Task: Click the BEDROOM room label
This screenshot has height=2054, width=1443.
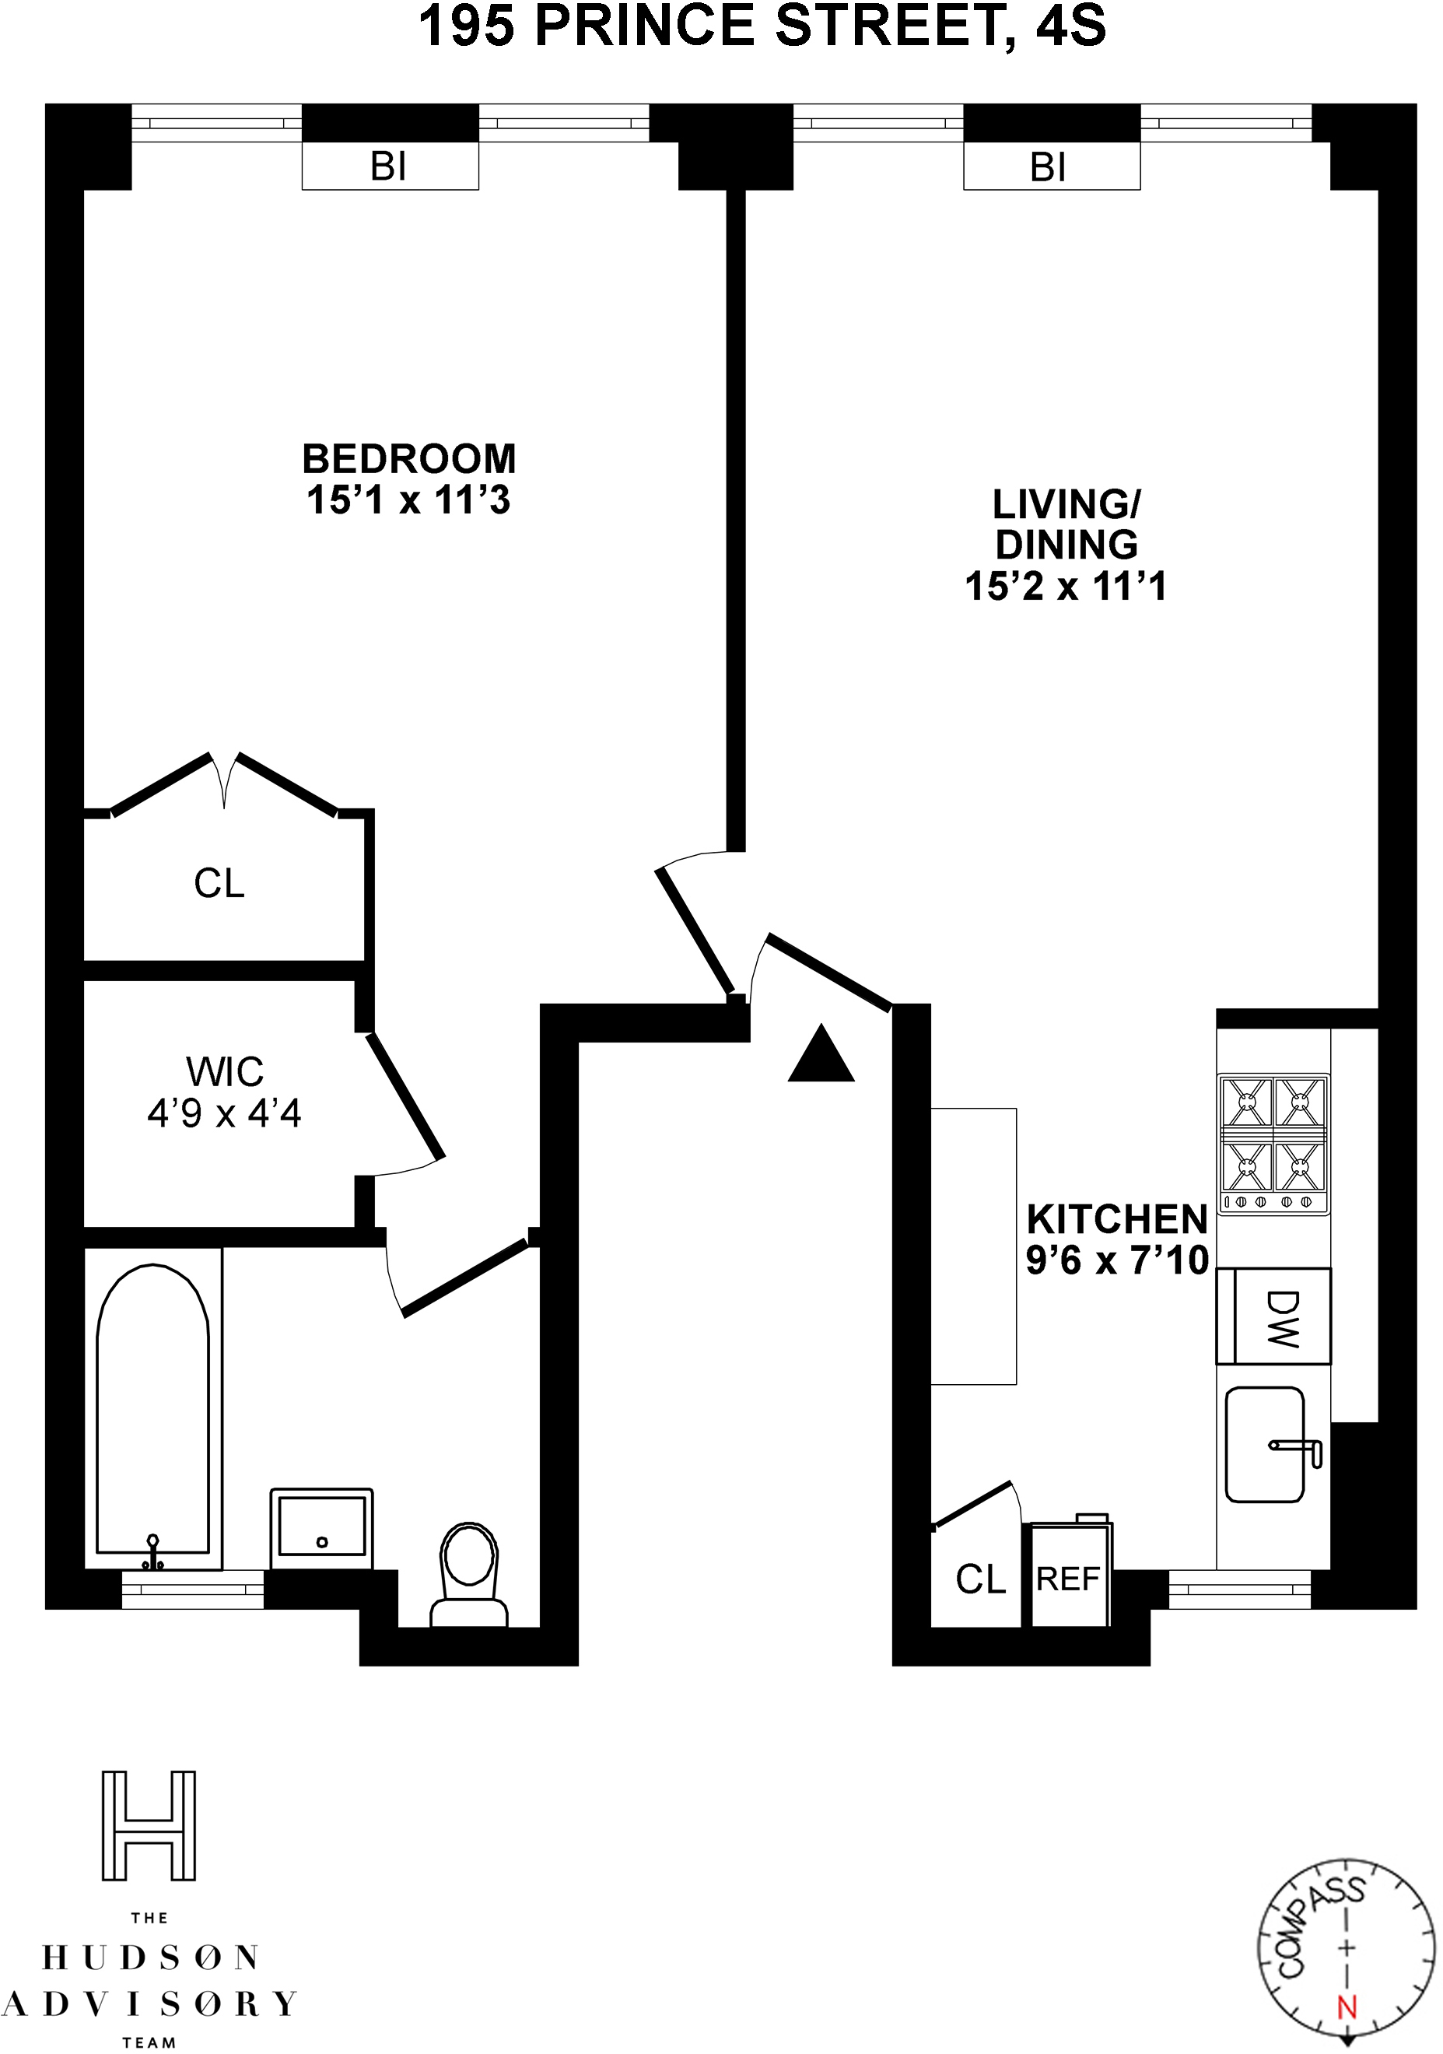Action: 409,459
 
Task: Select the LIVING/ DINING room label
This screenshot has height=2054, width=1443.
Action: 1066,524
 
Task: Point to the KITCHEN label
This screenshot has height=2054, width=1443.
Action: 1117,1219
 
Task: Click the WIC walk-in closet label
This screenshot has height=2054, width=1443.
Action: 225,1071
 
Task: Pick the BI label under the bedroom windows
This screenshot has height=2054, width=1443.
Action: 389,166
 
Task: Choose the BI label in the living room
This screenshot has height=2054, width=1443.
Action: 1049,167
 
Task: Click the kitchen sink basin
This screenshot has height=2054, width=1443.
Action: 1265,1445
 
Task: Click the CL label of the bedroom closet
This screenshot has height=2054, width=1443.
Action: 219,884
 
